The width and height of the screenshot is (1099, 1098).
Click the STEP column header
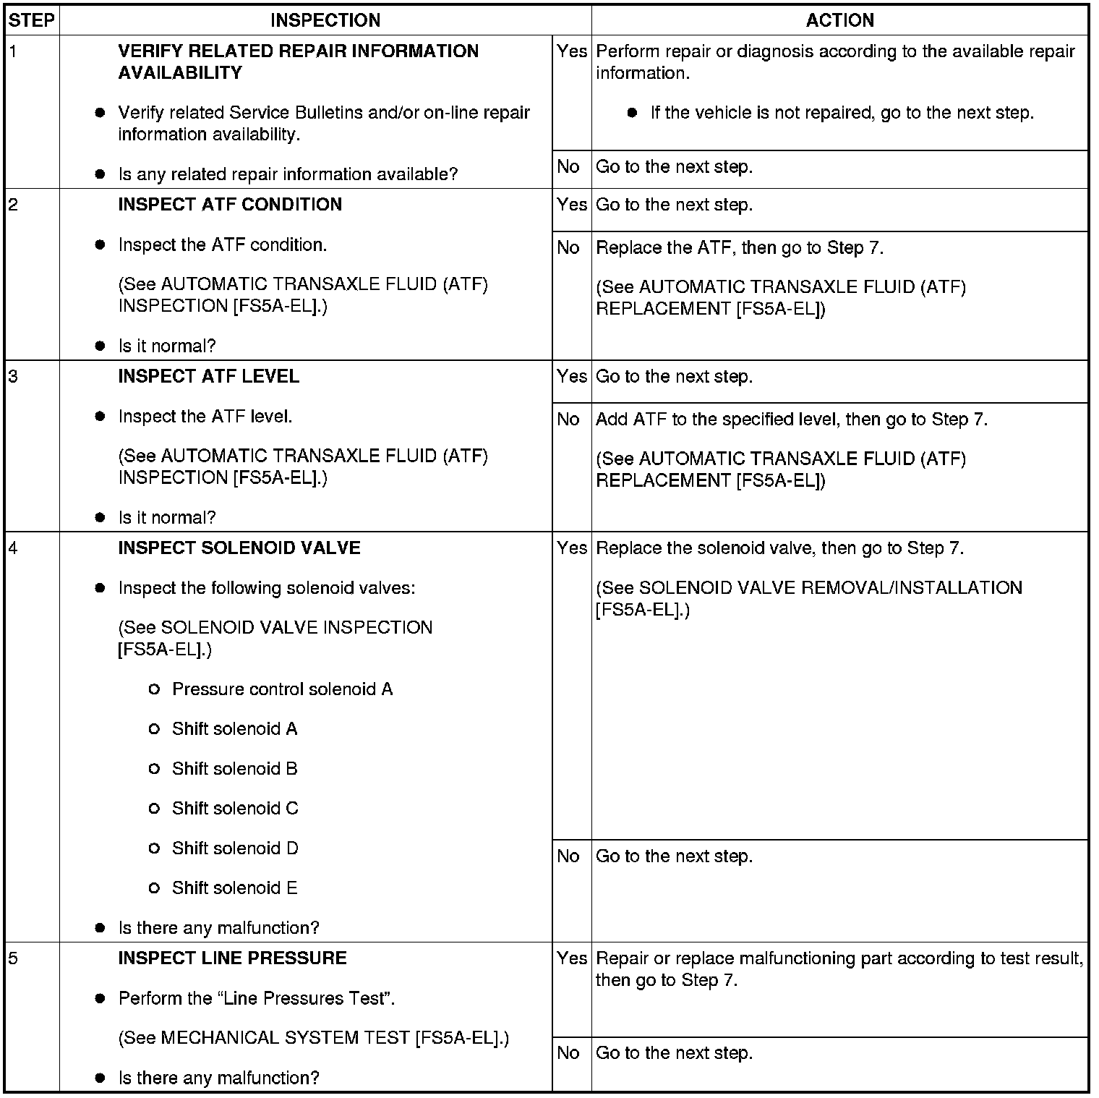point(32,20)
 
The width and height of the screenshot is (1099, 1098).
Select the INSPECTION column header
point(325,20)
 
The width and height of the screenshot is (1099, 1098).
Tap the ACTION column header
point(839,20)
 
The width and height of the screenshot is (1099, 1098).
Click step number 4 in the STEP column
point(13,548)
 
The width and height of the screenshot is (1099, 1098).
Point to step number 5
point(13,958)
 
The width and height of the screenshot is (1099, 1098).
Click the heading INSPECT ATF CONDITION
point(230,205)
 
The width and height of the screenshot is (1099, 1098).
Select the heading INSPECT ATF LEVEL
point(208,377)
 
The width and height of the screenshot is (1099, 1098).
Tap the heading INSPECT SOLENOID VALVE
point(239,548)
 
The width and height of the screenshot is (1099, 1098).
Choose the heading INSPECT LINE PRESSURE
point(232,958)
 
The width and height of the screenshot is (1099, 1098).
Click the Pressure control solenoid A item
point(282,689)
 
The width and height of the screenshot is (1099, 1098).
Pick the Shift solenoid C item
point(235,809)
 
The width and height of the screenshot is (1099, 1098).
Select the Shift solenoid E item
point(234,888)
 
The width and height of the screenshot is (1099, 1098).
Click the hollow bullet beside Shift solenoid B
point(153,769)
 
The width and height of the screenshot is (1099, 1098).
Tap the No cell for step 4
point(568,856)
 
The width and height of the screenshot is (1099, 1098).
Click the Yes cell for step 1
point(571,52)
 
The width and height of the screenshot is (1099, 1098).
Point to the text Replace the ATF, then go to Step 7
point(739,248)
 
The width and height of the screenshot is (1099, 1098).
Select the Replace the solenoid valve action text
point(779,548)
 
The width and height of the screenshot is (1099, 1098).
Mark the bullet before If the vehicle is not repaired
point(632,113)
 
